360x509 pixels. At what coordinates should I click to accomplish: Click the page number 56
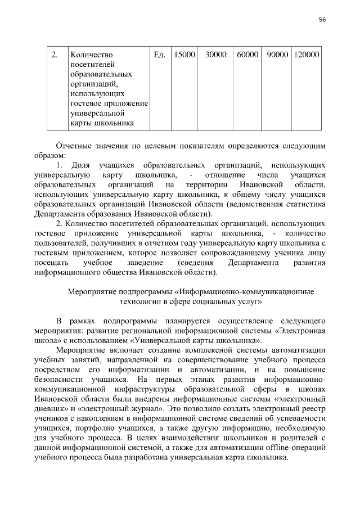(322, 19)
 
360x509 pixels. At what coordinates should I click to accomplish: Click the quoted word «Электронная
(301, 331)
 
